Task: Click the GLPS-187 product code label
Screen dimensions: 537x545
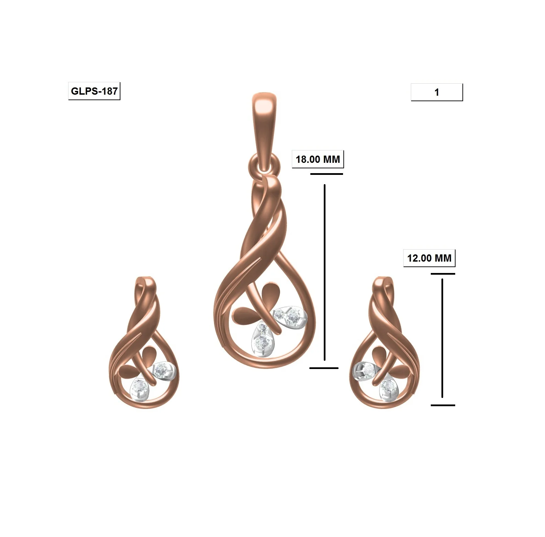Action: pyautogui.click(x=94, y=91)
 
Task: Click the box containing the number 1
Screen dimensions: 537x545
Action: pyautogui.click(x=437, y=92)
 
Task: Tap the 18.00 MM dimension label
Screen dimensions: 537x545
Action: pyautogui.click(x=318, y=159)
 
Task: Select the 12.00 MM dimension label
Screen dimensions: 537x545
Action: pyautogui.click(x=429, y=258)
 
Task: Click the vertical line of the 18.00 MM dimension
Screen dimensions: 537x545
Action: pyautogui.click(x=324, y=272)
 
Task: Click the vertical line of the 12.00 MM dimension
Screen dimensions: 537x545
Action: pyautogui.click(x=442, y=337)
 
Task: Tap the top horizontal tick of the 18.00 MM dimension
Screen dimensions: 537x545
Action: pyautogui.click(x=327, y=174)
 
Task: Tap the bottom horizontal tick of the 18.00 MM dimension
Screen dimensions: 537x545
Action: pyautogui.click(x=324, y=368)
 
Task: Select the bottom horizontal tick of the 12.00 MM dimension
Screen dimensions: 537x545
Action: pyautogui.click(x=443, y=405)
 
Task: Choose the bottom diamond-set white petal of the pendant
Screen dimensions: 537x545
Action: pyautogui.click(x=262, y=339)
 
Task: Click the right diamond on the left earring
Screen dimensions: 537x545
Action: pyautogui.click(x=160, y=370)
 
